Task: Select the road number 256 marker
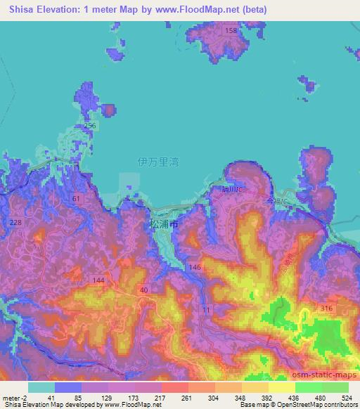tap(90, 125)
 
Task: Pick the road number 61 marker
tap(76, 200)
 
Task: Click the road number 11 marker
tap(206, 309)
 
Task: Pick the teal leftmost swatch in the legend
tap(41, 387)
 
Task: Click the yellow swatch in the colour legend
tap(281, 387)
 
